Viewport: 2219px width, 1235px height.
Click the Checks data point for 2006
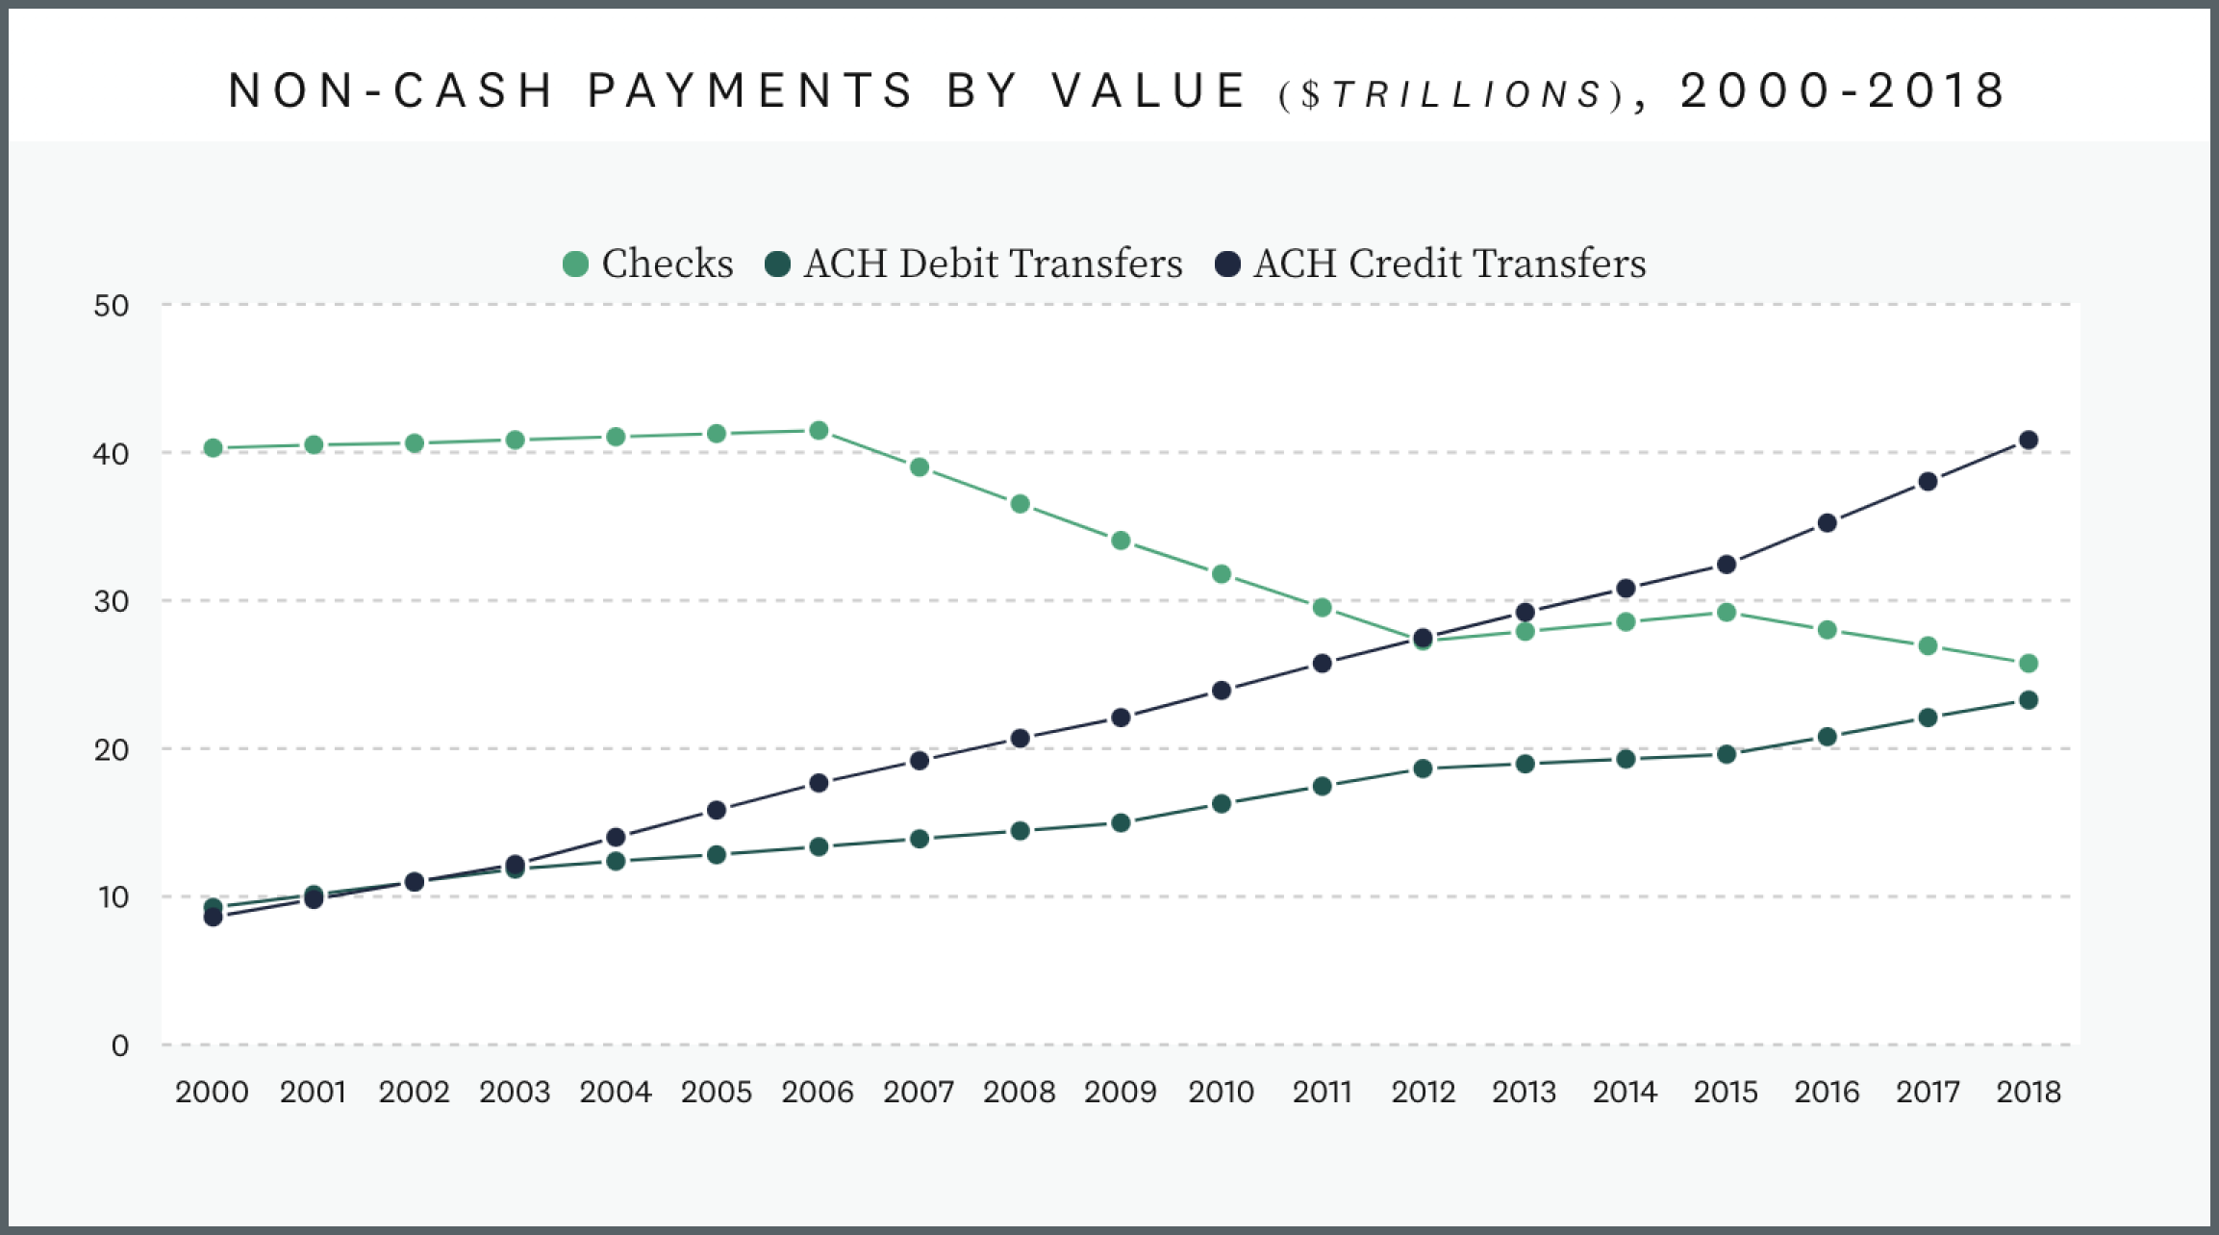point(819,430)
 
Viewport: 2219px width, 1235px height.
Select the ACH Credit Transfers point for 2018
point(2029,441)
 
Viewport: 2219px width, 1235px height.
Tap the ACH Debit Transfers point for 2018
point(2029,700)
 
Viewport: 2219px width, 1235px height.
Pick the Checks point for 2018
point(2029,664)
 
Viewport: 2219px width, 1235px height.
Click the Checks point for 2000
point(214,448)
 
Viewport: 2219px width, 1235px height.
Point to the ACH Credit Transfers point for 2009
point(1121,718)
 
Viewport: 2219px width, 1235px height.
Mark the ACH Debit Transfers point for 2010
point(1222,803)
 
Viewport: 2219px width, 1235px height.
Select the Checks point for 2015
point(1727,612)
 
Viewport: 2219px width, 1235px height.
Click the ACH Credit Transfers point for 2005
point(717,810)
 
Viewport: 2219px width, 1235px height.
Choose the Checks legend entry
point(648,264)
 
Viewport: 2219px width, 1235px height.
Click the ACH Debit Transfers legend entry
point(973,264)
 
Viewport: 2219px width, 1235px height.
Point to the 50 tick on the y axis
point(112,306)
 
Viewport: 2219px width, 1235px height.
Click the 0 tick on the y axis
point(119,1046)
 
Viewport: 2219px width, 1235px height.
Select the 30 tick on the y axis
point(112,601)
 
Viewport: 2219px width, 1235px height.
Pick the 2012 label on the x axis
point(1424,1092)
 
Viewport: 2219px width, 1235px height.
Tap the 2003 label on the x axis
point(515,1092)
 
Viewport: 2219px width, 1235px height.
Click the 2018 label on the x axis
point(2029,1092)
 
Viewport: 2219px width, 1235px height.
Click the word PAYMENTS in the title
point(750,90)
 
